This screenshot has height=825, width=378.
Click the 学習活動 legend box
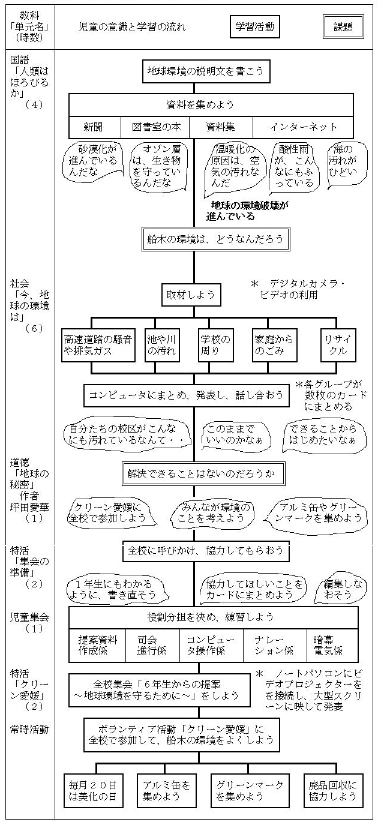[252, 27]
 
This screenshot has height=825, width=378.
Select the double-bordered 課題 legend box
[340, 27]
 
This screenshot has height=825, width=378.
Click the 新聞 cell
[93, 127]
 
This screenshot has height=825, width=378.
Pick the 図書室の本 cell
[156, 127]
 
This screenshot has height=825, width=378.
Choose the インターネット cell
[303, 127]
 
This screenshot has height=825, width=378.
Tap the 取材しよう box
[190, 295]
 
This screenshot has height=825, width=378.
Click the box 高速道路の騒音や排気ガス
[98, 345]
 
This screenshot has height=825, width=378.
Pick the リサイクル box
[338, 345]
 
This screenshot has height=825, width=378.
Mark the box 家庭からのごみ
[274, 345]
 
